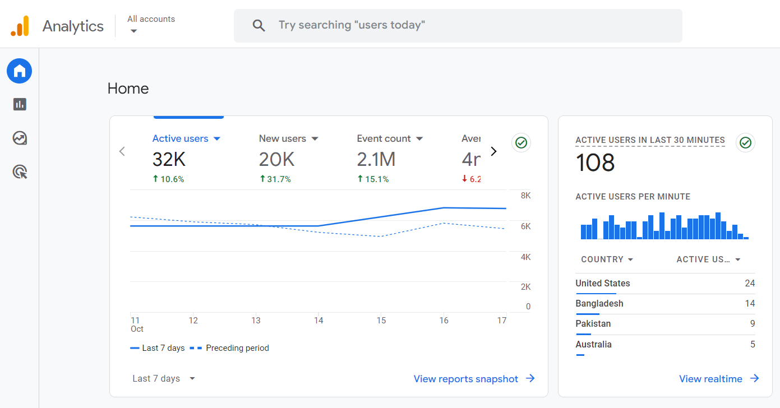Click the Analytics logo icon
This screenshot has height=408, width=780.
point(20,26)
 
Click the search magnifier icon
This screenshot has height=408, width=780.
point(259,25)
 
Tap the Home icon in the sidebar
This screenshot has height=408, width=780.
point(20,71)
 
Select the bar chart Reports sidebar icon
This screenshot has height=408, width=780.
point(20,104)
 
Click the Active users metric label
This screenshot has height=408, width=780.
point(181,138)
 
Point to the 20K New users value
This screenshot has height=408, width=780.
point(276,160)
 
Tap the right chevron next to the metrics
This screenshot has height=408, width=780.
point(493,151)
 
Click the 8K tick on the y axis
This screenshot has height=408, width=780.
point(525,196)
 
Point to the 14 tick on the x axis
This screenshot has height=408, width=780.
point(319,321)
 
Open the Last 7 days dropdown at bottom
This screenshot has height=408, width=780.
point(164,379)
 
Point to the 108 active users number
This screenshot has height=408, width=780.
point(595,163)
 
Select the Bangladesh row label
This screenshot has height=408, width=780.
point(599,303)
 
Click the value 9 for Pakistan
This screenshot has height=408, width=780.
point(752,323)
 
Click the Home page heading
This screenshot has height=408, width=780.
point(128,89)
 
